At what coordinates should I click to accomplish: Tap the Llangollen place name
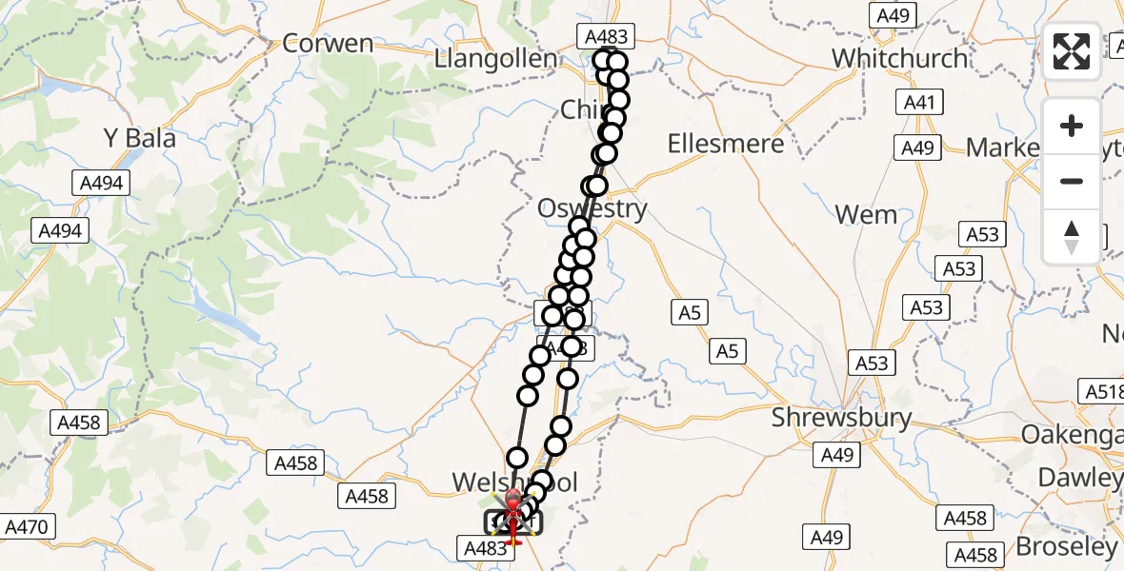495,59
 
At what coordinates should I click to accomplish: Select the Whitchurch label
899,58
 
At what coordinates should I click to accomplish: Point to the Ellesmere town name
726,144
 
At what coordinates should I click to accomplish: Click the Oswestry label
592,208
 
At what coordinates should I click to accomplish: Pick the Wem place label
866,215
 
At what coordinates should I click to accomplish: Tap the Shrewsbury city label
841,418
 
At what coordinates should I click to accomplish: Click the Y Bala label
140,139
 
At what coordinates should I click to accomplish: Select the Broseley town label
1065,546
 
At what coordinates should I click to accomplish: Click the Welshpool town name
514,482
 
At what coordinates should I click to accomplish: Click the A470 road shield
30,526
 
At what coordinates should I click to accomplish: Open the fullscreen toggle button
1072,51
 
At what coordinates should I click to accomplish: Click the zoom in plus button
1072,126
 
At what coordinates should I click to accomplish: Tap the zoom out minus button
1072,181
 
